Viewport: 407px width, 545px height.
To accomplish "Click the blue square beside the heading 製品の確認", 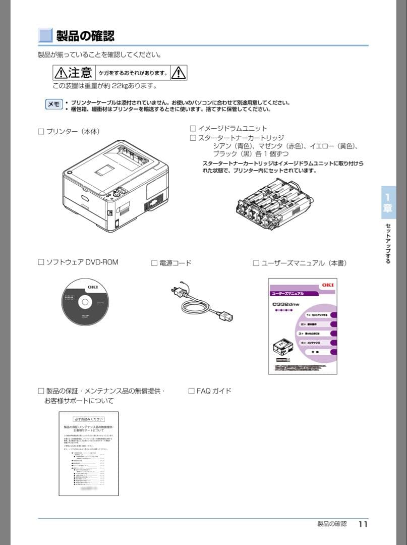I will coord(45,35).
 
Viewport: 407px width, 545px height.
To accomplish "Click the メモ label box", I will coord(54,104).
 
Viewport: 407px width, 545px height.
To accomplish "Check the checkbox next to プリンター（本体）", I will coord(41,132).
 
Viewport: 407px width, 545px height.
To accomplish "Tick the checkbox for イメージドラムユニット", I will coord(193,129).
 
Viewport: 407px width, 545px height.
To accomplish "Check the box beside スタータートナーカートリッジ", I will coord(193,138).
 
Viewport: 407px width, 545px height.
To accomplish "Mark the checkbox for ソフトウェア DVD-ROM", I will coord(41,262).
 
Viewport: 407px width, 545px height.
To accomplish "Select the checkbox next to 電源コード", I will coord(154,263).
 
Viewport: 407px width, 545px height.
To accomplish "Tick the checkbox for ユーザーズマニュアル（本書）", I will coord(256,263).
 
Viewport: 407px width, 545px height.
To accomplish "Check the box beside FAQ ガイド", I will coord(191,391).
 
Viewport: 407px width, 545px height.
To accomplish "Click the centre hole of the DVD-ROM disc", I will coord(85,302).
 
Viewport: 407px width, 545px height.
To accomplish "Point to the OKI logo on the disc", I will coord(93,287).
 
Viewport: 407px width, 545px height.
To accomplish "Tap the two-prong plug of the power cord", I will coord(178,291).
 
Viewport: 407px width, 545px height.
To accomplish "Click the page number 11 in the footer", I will coord(363,524).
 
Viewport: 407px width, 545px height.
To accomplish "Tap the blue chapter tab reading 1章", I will coord(388,202).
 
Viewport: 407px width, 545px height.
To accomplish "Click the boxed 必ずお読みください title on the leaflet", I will coord(89,419).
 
